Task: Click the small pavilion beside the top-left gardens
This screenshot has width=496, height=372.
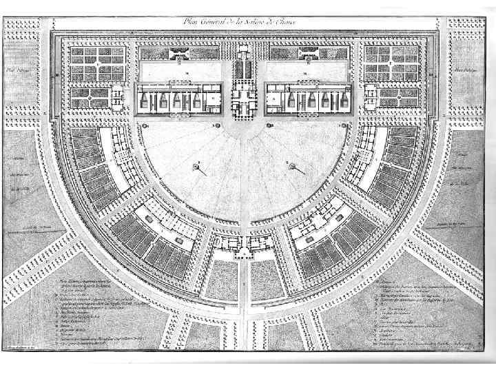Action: pos(118,96)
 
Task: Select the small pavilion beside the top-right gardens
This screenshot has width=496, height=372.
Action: pos(372,96)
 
